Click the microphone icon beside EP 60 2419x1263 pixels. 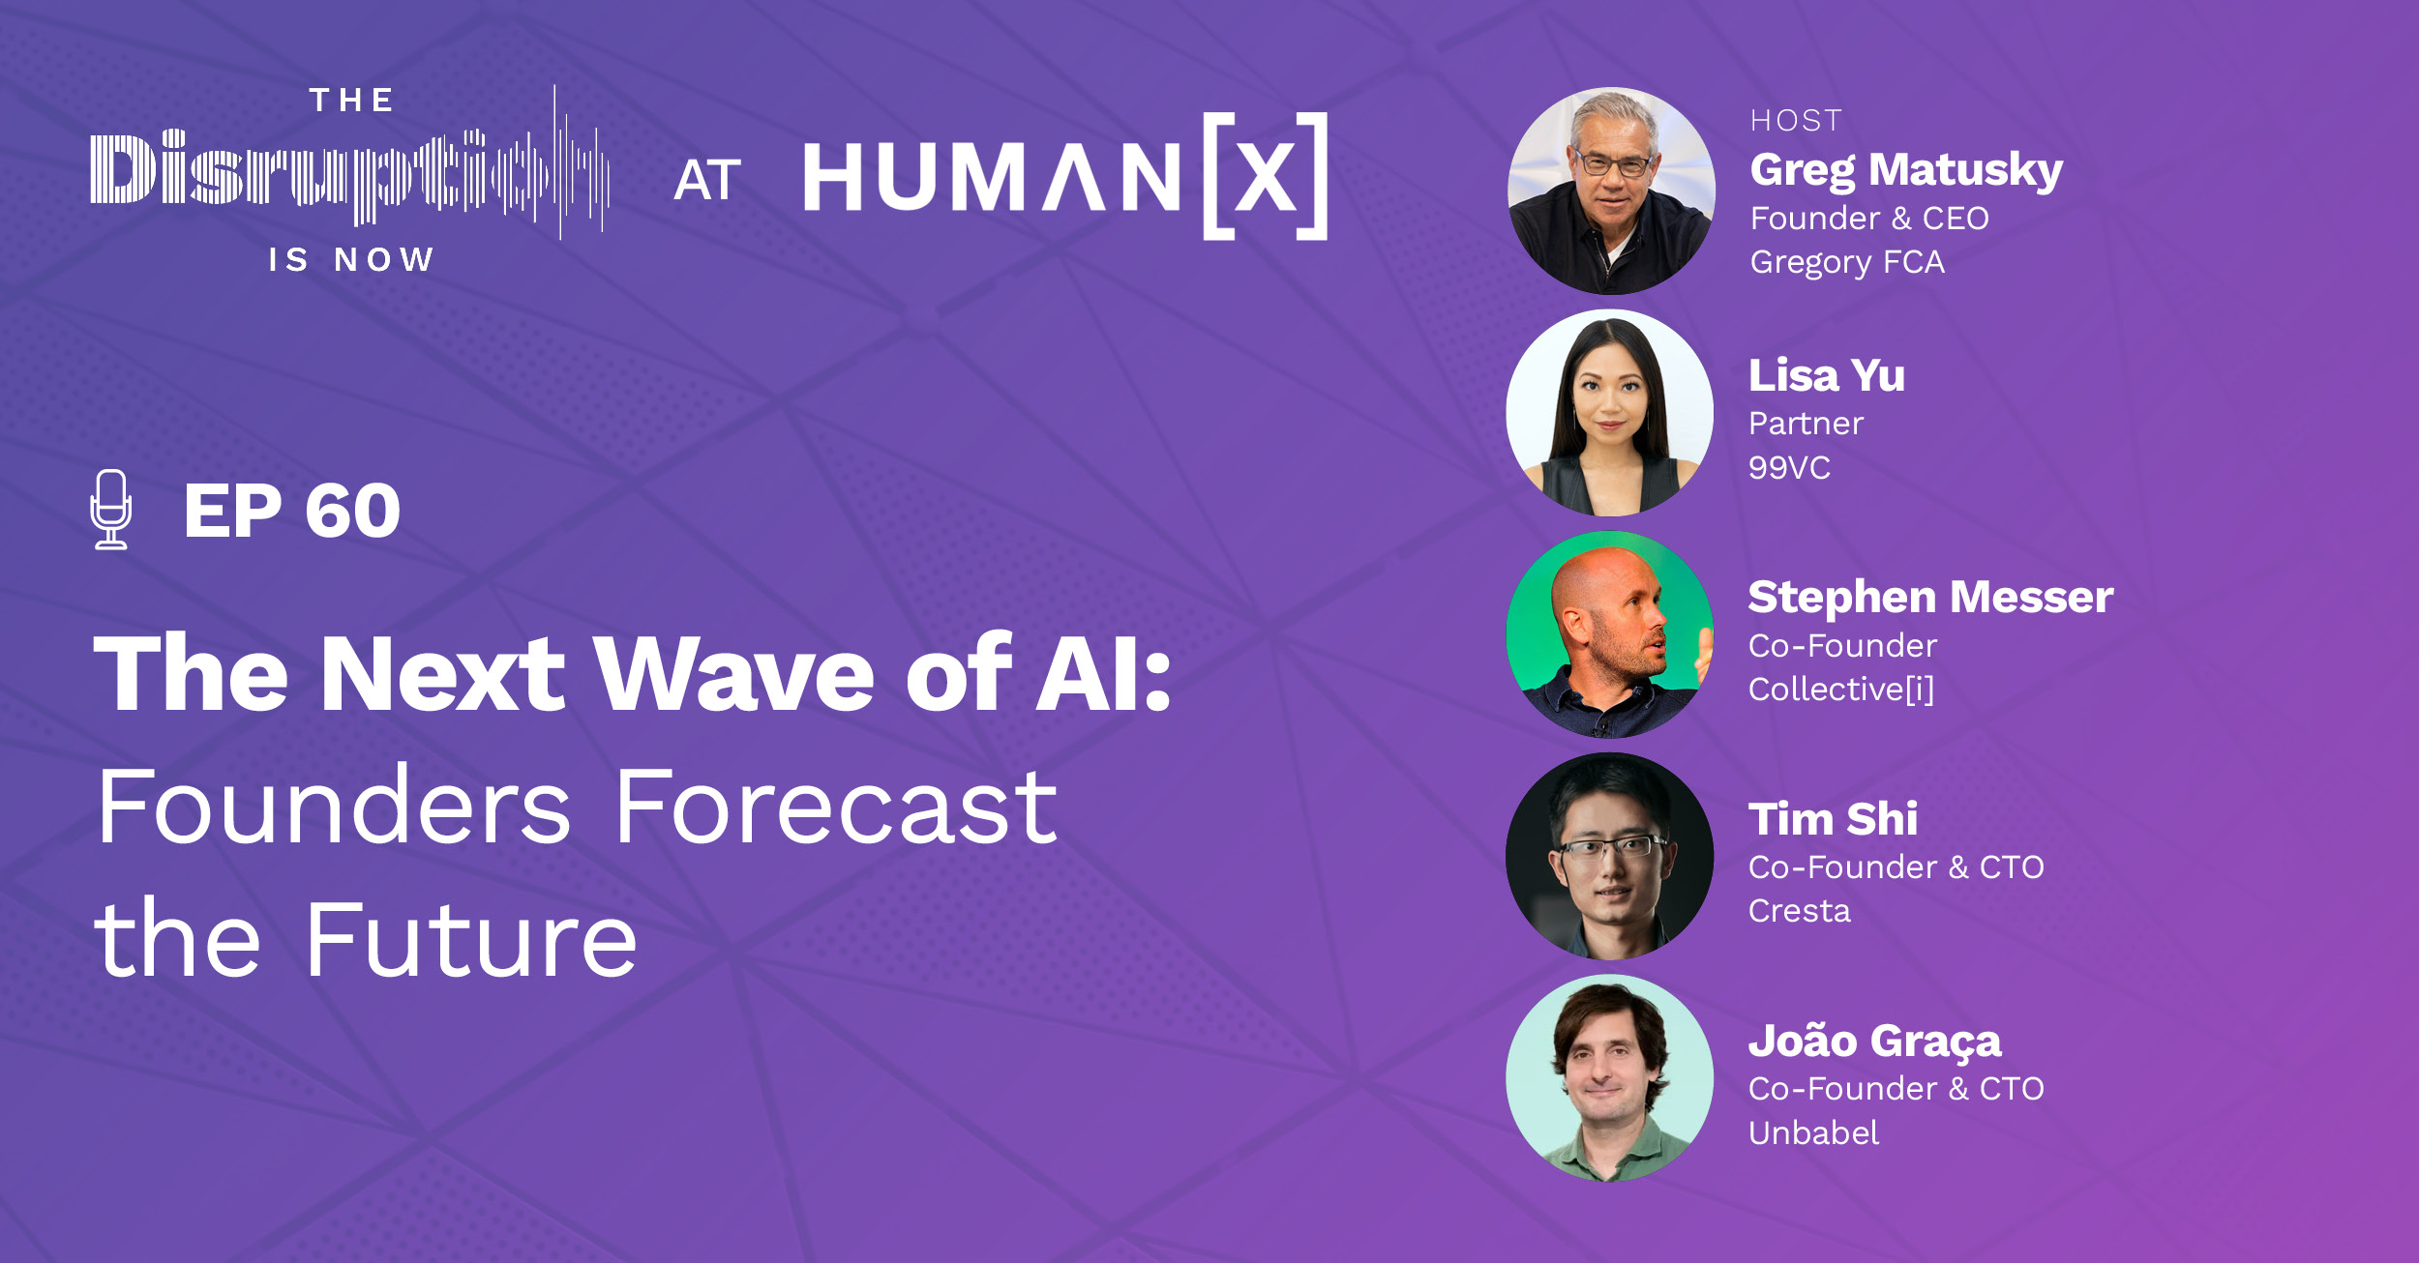click(x=111, y=509)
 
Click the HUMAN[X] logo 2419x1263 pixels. click(x=1064, y=177)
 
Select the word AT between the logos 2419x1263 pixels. click(x=707, y=181)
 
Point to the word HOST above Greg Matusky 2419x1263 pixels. click(x=1796, y=121)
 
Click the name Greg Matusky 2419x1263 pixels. click(x=1905, y=169)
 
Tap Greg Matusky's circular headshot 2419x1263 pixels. click(x=1610, y=191)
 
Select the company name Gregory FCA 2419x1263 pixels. click(x=1846, y=262)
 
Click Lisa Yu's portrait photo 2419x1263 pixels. click(x=1609, y=413)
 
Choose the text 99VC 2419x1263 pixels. click(x=1788, y=468)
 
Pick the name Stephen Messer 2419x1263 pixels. click(x=1929, y=597)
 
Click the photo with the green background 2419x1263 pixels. click(x=1609, y=634)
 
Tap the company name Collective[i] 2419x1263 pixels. click(x=1840, y=690)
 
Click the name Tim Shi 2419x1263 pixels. click(x=1832, y=818)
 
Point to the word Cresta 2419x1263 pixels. click(x=1799, y=911)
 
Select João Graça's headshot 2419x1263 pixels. click(x=1609, y=1077)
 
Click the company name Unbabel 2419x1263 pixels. click(x=1812, y=1133)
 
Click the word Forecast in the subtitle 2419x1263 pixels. click(x=836, y=808)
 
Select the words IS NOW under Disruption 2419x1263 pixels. click(x=350, y=260)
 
